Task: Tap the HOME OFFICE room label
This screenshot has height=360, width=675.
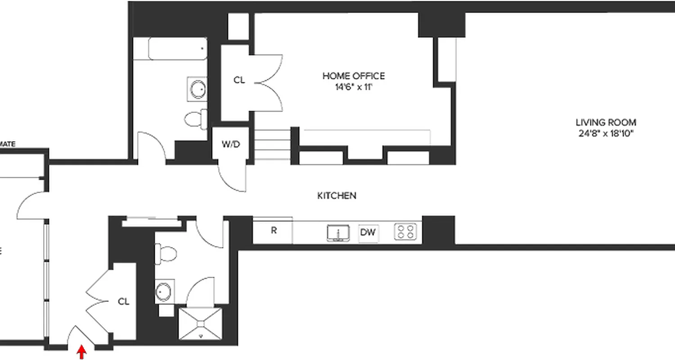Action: (353, 76)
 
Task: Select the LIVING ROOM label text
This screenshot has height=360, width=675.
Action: (606, 122)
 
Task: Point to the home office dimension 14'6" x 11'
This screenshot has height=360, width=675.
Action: (354, 87)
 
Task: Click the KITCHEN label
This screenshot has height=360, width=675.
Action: (337, 196)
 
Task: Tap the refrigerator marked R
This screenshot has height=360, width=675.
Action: (273, 231)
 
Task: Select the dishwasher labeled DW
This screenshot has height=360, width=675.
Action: (368, 233)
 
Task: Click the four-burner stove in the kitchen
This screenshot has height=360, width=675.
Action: (405, 232)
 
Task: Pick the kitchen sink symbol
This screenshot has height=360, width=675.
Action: (338, 233)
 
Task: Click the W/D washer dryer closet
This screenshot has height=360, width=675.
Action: (230, 145)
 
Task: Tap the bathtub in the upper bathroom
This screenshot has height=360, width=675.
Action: (177, 49)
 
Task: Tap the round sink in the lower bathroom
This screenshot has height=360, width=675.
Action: (163, 292)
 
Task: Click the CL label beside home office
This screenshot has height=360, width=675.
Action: (239, 81)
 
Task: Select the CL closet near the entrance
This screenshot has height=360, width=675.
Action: (123, 302)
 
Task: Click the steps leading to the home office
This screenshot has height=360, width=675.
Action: (273, 144)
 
